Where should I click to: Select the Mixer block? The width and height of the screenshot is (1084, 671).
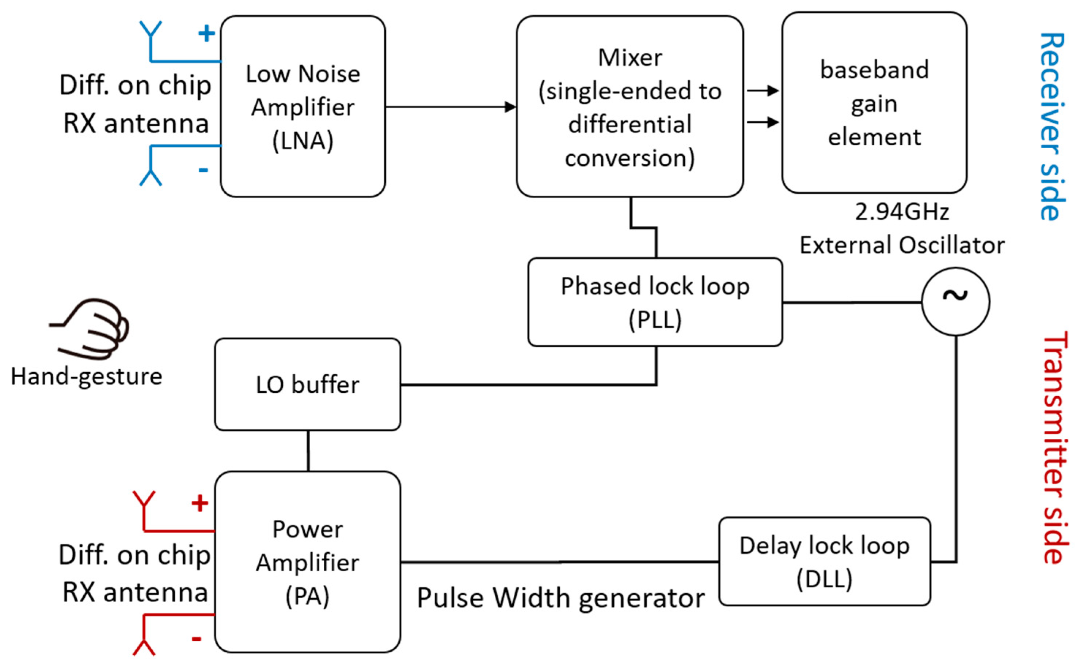pos(630,107)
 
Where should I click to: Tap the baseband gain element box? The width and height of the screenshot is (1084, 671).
pos(874,103)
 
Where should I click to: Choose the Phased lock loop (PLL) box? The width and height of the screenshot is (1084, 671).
pos(655,302)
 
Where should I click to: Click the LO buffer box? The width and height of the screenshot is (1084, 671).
pos(307,384)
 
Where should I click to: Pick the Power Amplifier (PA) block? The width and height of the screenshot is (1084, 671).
pos(307,562)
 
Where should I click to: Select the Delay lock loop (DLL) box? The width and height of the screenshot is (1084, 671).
pos(824,561)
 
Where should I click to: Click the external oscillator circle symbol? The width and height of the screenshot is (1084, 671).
pos(955,301)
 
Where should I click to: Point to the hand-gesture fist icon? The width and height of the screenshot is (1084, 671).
pos(93,328)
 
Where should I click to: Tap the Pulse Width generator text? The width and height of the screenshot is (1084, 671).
pos(560,598)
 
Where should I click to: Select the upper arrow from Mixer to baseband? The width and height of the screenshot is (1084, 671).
pos(762,91)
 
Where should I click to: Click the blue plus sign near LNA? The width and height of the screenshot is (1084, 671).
pos(206,33)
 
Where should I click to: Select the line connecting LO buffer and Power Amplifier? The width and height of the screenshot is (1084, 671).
pos(308,451)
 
